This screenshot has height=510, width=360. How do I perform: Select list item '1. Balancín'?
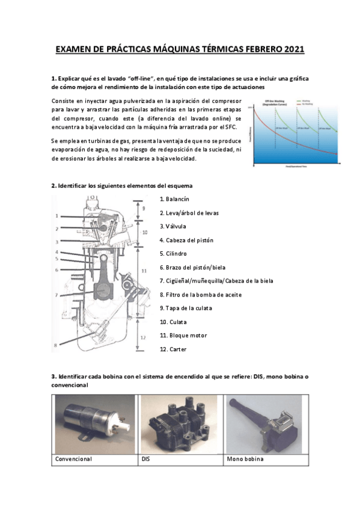[175, 198]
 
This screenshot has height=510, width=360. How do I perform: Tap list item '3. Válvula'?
[174, 226]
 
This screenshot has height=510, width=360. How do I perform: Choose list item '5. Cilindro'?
[174, 254]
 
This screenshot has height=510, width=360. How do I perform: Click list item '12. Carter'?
[173, 349]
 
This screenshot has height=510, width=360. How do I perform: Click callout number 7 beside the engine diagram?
[55, 295]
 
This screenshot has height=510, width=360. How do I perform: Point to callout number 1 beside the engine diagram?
[55, 215]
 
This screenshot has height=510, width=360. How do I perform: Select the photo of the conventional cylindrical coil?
[95, 424]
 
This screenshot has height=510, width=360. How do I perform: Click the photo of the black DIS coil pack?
[181, 424]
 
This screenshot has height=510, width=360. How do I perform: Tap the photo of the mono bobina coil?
[266, 424]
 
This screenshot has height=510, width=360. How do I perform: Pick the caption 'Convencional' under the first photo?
[73, 459]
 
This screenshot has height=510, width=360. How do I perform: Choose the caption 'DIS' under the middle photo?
[145, 459]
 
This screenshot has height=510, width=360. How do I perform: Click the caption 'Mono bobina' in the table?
[245, 459]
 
